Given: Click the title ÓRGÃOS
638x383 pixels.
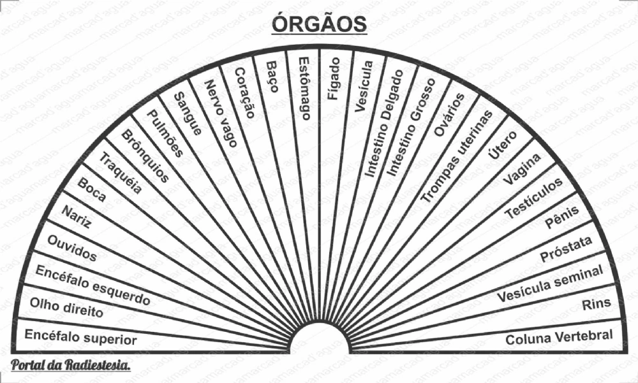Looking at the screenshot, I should point(319,24).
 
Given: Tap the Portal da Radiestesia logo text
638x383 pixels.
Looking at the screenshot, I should point(71,366).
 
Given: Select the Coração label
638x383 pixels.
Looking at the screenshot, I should point(243,93).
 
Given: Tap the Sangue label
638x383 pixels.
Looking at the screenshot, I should point(188,113).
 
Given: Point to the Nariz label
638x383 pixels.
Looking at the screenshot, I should point(76,218).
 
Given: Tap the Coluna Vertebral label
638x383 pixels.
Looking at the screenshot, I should point(559,337).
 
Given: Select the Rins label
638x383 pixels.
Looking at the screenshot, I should point(596,304).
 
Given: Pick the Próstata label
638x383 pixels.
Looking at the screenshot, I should point(566,249).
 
